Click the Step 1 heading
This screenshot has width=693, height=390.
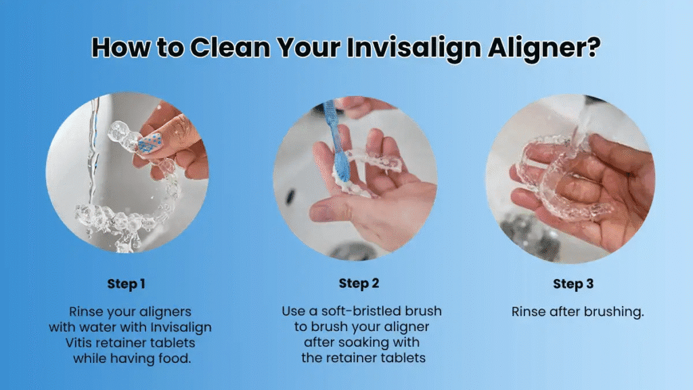[126, 284]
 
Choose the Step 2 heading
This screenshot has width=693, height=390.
[358, 284]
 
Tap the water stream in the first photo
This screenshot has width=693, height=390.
[95, 156]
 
